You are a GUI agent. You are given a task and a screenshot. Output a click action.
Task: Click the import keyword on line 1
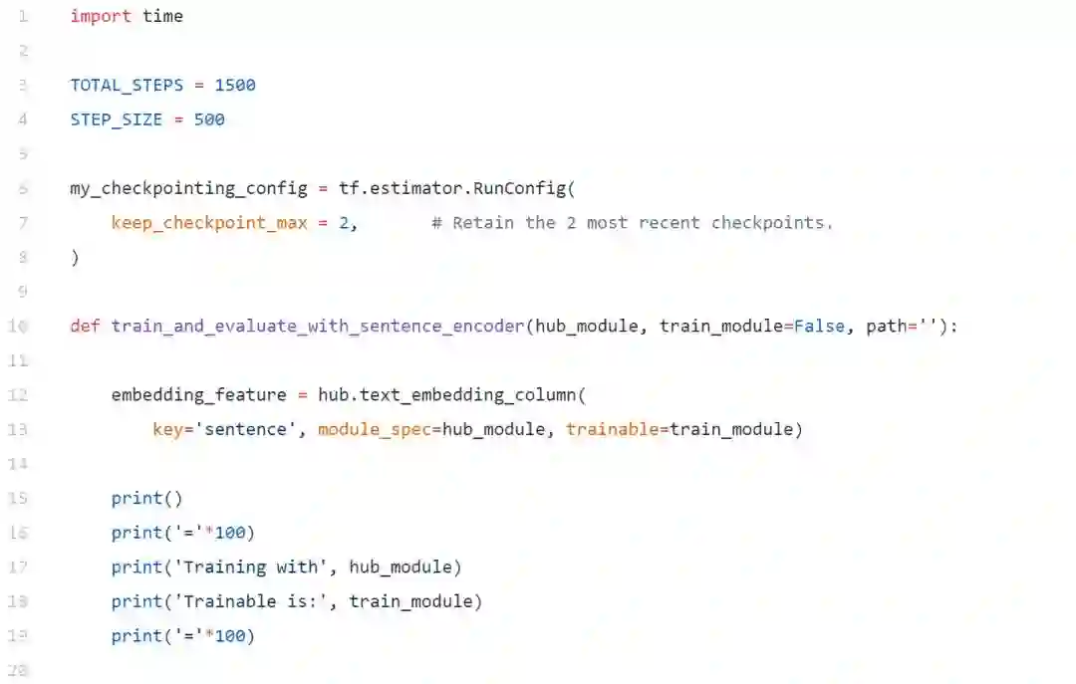pos(100,17)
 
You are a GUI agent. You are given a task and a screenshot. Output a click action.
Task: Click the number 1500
pos(235,86)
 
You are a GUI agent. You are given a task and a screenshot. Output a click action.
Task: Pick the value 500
pos(209,119)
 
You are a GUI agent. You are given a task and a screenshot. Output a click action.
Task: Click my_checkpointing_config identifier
pos(188,188)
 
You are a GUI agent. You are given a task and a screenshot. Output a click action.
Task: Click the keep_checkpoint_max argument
pos(209,223)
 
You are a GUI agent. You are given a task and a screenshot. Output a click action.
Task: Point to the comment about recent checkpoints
pos(632,223)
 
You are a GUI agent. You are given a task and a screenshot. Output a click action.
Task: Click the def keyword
pos(85,326)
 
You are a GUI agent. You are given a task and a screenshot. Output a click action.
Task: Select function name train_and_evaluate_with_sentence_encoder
pos(318,326)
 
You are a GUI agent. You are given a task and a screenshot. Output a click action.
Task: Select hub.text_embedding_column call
pos(447,395)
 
